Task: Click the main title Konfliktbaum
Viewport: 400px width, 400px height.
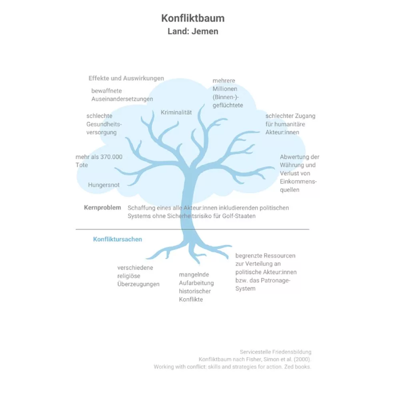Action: coord(193,18)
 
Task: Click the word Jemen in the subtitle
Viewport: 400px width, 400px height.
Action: coord(205,31)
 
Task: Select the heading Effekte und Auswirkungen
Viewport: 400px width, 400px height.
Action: coord(126,78)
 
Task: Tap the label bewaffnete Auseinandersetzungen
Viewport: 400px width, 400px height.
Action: coord(122,95)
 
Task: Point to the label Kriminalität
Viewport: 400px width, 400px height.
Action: coord(176,112)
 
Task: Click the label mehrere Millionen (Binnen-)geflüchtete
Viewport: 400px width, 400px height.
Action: coord(228,93)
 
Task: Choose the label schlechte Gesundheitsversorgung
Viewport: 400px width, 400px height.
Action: coord(104,124)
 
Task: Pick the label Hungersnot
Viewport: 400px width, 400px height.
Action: coord(104,185)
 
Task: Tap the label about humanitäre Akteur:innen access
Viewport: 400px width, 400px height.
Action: coord(290,124)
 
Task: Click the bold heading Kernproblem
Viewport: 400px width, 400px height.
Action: coord(102,208)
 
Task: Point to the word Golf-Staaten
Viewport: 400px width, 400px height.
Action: coord(239,216)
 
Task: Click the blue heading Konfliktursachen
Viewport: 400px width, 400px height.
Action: coord(118,239)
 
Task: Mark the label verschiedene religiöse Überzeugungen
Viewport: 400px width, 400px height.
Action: coord(138,276)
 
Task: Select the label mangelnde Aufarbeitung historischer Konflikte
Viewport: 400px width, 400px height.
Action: coord(196,287)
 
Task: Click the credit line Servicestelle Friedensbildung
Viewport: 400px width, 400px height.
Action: coord(276,352)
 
